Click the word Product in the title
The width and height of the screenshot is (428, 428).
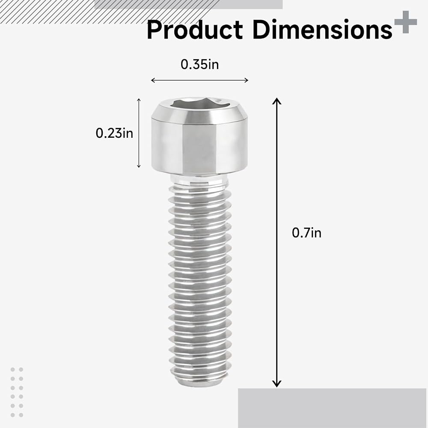(x=195, y=30)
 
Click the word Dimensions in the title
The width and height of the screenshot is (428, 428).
(x=322, y=30)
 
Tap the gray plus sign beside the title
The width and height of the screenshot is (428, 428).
(x=406, y=22)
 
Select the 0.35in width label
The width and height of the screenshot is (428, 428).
(x=200, y=65)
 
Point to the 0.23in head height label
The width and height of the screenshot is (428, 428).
(x=114, y=133)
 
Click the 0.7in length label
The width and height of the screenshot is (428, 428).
(x=306, y=233)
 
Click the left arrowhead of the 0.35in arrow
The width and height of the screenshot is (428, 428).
(x=153, y=80)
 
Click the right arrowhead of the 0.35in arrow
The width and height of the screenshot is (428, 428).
(x=247, y=80)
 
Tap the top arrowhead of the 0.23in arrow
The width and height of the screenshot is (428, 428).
(x=139, y=100)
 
